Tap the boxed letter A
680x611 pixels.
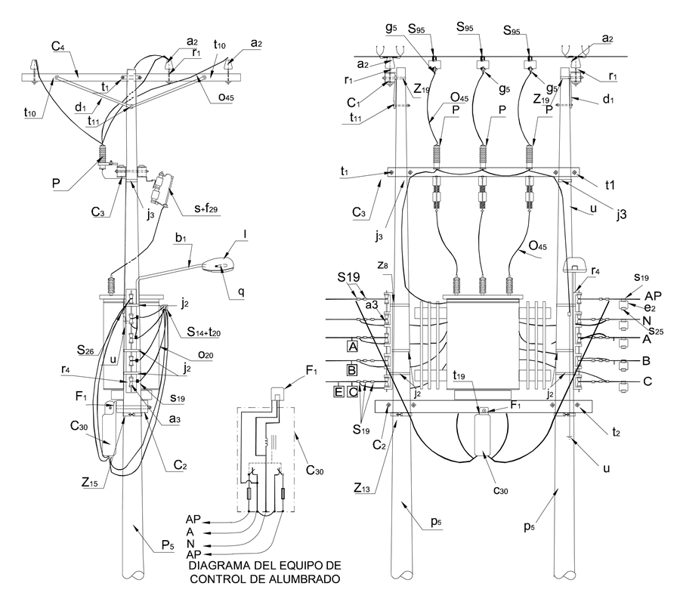(x=353, y=347)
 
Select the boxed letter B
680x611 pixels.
(x=353, y=370)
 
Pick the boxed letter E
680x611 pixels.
(x=338, y=391)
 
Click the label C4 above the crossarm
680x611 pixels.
(x=58, y=45)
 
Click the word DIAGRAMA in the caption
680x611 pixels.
(x=215, y=566)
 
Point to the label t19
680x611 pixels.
(x=459, y=375)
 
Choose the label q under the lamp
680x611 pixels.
(x=241, y=292)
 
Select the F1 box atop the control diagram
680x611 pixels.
(x=277, y=393)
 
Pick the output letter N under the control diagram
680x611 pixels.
(x=191, y=543)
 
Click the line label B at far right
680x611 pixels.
(x=646, y=360)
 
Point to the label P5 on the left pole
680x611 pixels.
(x=168, y=545)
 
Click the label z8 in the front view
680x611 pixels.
(x=383, y=266)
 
